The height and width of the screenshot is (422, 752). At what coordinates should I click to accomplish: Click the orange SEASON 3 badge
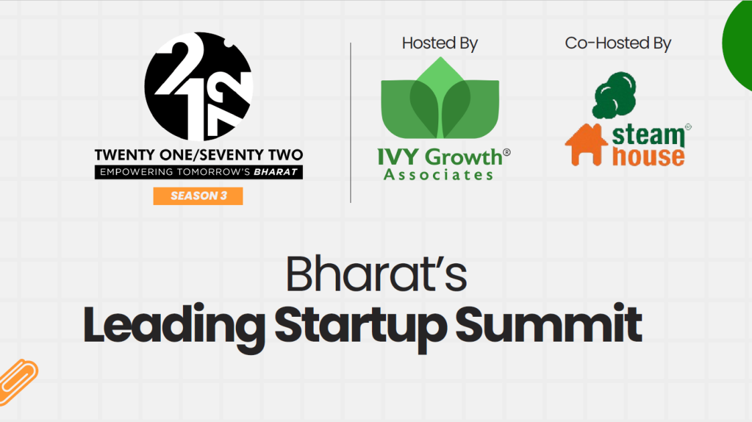coord(198,196)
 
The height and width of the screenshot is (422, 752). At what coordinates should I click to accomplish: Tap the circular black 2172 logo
coord(198,86)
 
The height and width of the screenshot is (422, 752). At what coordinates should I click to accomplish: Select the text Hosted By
coord(440,44)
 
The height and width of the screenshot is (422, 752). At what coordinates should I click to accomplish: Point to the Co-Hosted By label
coord(618,44)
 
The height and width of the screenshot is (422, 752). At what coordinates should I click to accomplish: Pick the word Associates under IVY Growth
coord(438,175)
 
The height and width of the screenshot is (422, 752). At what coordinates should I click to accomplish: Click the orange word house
coord(648,156)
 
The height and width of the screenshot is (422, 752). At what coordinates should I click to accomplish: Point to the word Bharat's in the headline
coord(376,273)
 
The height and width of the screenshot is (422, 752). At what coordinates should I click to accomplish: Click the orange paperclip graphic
coord(17,378)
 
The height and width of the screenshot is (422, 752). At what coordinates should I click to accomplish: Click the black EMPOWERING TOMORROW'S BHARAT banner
coord(198,172)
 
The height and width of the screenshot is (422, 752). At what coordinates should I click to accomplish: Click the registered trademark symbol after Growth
coord(507,153)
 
